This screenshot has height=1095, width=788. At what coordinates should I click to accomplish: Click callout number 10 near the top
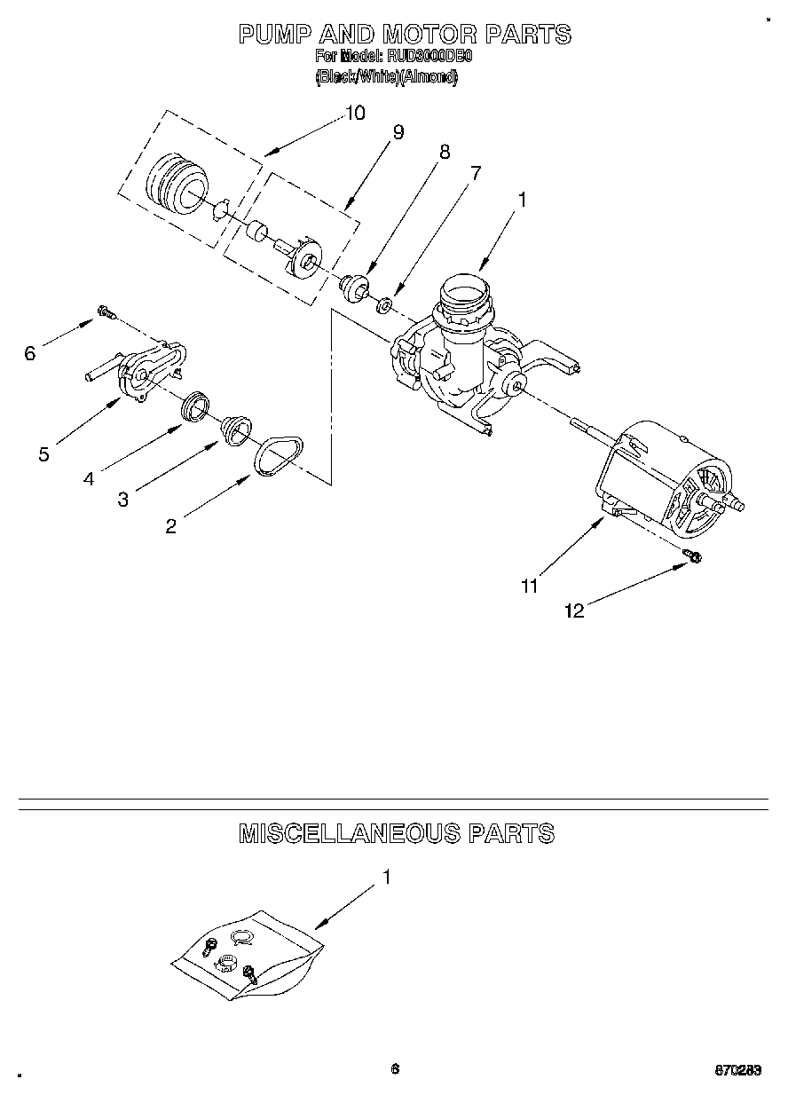click(354, 113)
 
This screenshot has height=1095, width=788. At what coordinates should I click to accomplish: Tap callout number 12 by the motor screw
click(574, 611)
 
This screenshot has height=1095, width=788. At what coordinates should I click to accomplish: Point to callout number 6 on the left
click(30, 353)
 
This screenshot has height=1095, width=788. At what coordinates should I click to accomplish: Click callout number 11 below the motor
click(529, 586)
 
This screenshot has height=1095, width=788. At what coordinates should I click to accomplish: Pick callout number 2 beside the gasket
click(170, 525)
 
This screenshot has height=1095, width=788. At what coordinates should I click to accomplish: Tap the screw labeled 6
click(106, 311)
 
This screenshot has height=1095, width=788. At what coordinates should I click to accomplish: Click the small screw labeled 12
click(693, 555)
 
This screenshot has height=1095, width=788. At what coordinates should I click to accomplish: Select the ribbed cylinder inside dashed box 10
click(174, 184)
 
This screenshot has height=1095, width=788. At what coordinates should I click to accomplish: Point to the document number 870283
click(738, 1069)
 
